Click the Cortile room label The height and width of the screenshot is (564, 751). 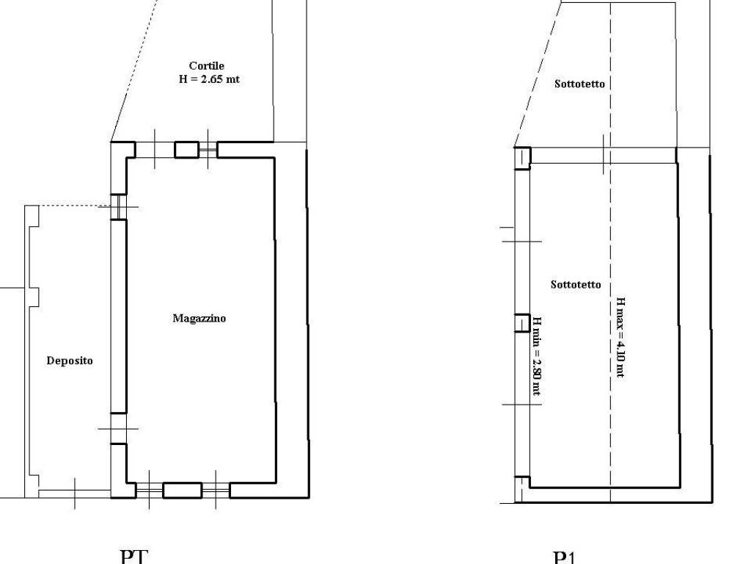(206, 65)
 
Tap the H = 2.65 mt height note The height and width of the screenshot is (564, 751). (209, 79)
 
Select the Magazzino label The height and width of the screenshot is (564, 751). (199, 318)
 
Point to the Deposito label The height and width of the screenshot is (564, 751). (70, 361)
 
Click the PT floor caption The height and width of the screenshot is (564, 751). (133, 557)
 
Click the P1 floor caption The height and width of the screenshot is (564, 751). (565, 557)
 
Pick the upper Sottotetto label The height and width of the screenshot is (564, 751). (579, 84)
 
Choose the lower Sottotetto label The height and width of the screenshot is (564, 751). (576, 284)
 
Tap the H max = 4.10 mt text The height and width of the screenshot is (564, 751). (620, 338)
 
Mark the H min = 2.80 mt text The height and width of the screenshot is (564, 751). (537, 355)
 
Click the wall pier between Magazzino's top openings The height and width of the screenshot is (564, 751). (187, 150)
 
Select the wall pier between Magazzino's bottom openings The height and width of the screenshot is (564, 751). (182, 491)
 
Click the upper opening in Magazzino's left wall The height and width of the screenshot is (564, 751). (118, 206)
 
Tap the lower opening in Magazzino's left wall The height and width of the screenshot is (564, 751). (118, 428)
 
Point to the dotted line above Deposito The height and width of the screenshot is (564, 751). (68, 206)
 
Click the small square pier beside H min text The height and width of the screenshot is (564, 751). (521, 323)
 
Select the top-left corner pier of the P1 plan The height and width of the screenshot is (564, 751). (522, 158)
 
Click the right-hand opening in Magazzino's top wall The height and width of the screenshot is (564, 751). (208, 150)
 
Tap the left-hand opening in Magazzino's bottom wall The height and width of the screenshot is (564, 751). (149, 491)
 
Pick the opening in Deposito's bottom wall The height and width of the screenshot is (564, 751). (75, 494)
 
